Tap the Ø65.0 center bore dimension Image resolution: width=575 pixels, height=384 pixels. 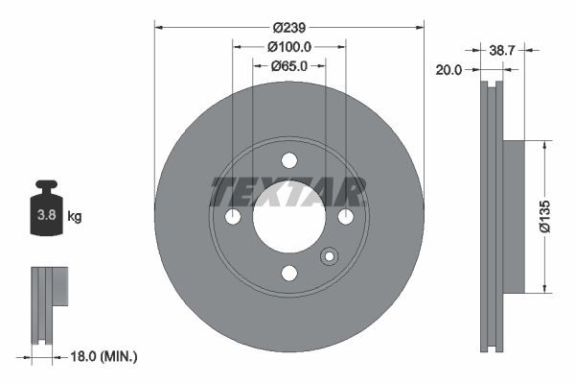tap(288, 66)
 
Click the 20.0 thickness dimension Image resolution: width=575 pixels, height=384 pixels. tap(449, 70)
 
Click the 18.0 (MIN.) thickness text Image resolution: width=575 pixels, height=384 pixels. tap(104, 356)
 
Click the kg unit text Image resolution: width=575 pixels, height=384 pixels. tap(75, 217)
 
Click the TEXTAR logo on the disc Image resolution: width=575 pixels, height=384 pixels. tap(288, 193)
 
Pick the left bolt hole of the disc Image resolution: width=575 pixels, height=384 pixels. tap(233, 218)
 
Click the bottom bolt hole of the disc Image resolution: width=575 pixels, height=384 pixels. tap(288, 274)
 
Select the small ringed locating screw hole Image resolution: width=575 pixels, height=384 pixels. tap(330, 256)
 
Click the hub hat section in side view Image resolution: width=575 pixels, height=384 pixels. tap(512, 217)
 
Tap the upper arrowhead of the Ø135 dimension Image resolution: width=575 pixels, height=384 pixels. tap(545, 146)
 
